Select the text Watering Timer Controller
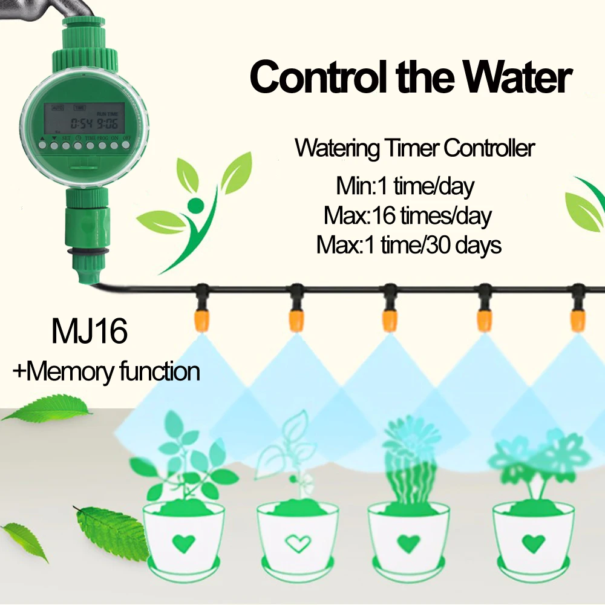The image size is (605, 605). [x=415, y=148]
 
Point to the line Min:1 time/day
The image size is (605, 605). [x=405, y=185]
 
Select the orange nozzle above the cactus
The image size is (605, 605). [x=389, y=318]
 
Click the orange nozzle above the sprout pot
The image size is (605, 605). [x=295, y=318]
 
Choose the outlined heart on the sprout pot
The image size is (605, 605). [x=297, y=543]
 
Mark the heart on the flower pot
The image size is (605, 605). [x=533, y=543]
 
